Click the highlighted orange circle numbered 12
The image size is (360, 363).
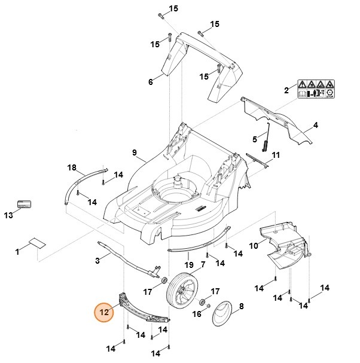tap(105, 312)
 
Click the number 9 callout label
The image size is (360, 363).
tap(135, 152)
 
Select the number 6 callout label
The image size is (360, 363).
tap(151, 82)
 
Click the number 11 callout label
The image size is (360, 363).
tap(276, 155)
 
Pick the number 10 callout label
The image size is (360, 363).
tap(253, 246)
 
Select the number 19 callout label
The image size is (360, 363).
tap(189, 265)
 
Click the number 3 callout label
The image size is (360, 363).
tap(97, 260)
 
